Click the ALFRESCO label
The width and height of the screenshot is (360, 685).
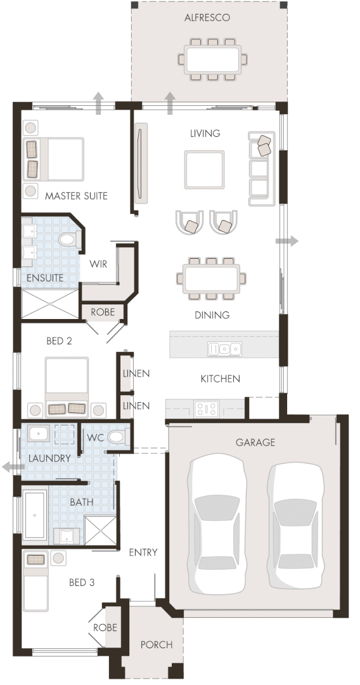point(207,18)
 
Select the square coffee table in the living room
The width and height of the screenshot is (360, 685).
point(204,169)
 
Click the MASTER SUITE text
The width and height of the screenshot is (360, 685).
point(76,196)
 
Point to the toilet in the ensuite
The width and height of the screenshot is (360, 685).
point(68,240)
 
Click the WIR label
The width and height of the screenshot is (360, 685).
point(98,263)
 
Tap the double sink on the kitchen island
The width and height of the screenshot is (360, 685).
point(226,348)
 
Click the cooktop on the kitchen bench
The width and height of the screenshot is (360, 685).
point(206,408)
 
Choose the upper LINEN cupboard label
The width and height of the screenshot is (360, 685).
point(136,373)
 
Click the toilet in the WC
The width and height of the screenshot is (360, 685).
point(117,437)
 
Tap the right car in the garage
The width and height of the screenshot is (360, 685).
point(296,525)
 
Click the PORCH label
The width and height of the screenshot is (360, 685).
point(156,644)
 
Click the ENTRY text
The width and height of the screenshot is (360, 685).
point(143,552)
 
